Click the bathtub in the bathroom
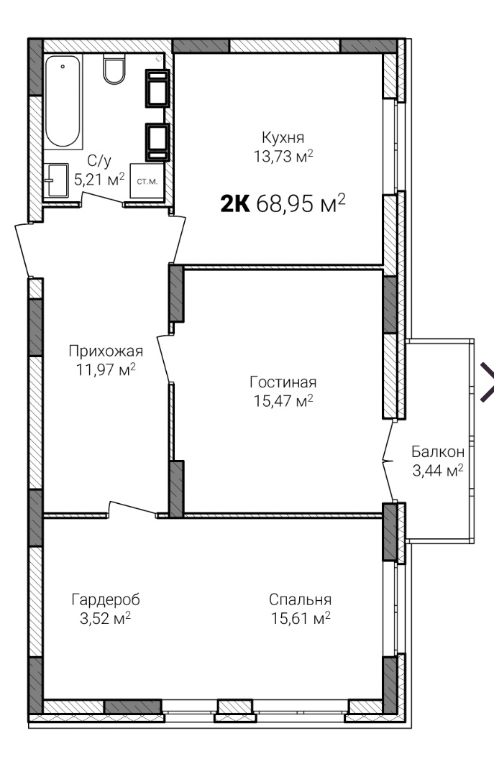pyautogui.click(x=63, y=101)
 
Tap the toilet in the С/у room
pyautogui.click(x=114, y=69)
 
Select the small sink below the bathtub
pyautogui.click(x=57, y=180)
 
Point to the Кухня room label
pyautogui.click(x=283, y=137)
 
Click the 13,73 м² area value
pyautogui.click(x=283, y=157)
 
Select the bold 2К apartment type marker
pyautogui.click(x=235, y=203)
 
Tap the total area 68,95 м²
pyautogui.click(x=301, y=203)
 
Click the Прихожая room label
pyautogui.click(x=106, y=351)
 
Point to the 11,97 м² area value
pyautogui.click(x=106, y=370)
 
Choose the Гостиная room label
pyautogui.click(x=283, y=382)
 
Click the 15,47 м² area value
pyautogui.click(x=283, y=400)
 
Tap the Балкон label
pyautogui.click(x=438, y=451)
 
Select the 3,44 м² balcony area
pyautogui.click(x=438, y=471)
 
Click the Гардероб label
pyautogui.click(x=106, y=600)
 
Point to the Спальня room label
pyautogui.click(x=301, y=600)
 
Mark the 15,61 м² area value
pyautogui.click(x=301, y=618)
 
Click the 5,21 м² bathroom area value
pyautogui.click(x=99, y=179)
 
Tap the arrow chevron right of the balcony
pyautogui.click(x=488, y=382)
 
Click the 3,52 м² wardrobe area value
pyautogui.click(x=106, y=618)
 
